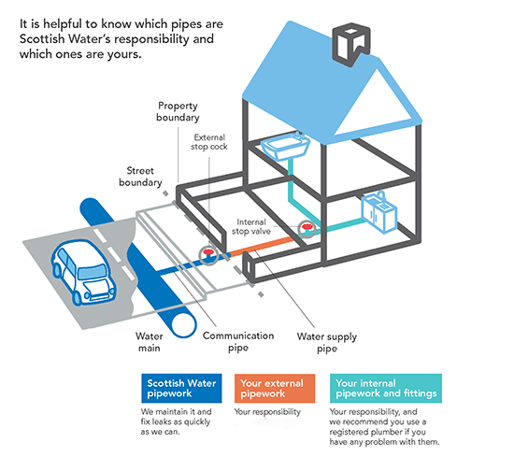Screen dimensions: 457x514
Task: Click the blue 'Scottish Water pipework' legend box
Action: coord(179,387)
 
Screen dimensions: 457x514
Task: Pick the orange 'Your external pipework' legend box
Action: coord(274,387)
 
